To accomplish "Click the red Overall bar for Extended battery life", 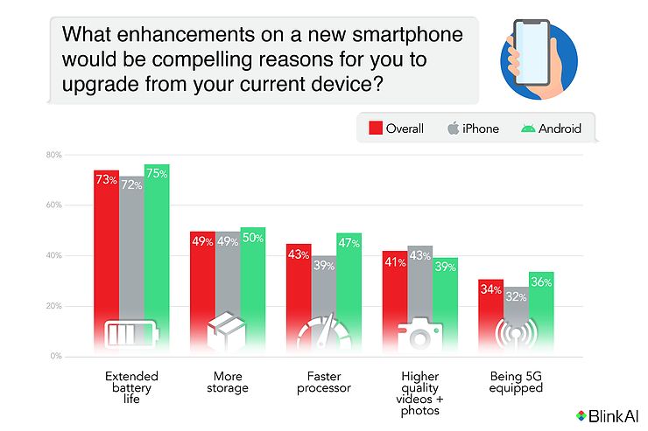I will click(107, 254).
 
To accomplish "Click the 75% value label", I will click(158, 173).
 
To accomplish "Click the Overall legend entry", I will click(395, 129).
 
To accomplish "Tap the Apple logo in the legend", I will click(453, 129).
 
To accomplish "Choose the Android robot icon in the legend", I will click(527, 129).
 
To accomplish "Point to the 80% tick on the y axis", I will click(53, 156).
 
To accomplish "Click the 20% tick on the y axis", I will click(53, 307).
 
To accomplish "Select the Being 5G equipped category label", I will click(517, 381).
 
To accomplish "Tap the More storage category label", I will click(228, 381).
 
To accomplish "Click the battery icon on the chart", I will click(131, 335).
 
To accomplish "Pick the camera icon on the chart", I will click(420, 335).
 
